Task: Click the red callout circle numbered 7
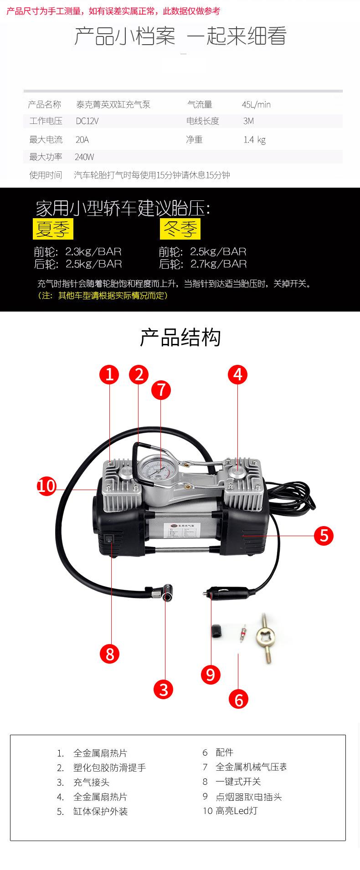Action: coord(161,390)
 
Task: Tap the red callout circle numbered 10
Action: coord(46,486)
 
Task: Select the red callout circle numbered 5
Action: coord(324,535)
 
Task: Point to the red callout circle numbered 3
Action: coord(164,689)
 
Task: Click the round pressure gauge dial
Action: coord(153,469)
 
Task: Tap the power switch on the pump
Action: coord(109,540)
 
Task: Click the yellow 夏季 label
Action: coord(53,229)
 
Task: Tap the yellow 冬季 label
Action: coord(180,229)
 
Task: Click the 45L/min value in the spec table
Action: coord(256,105)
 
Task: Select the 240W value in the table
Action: coord(84,157)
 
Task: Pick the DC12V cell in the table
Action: coord(87,121)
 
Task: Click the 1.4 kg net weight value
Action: coord(254,140)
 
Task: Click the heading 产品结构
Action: coord(180,338)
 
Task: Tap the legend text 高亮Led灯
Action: coord(236,811)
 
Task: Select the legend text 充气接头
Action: coord(91,782)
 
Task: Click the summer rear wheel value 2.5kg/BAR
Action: coord(93,264)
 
